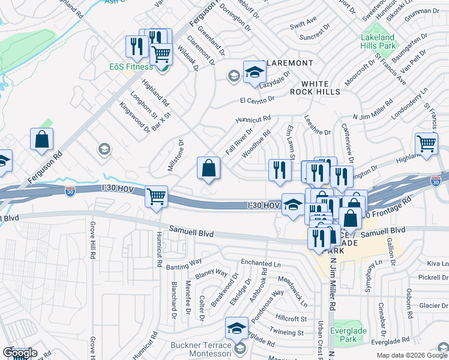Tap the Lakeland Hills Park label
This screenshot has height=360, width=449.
378,41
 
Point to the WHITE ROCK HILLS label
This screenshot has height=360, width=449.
315,88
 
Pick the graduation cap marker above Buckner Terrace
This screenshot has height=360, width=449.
237,327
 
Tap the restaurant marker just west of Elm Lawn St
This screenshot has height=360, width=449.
279,170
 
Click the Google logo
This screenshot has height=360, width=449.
19,353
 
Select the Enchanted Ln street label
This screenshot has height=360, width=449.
261,263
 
